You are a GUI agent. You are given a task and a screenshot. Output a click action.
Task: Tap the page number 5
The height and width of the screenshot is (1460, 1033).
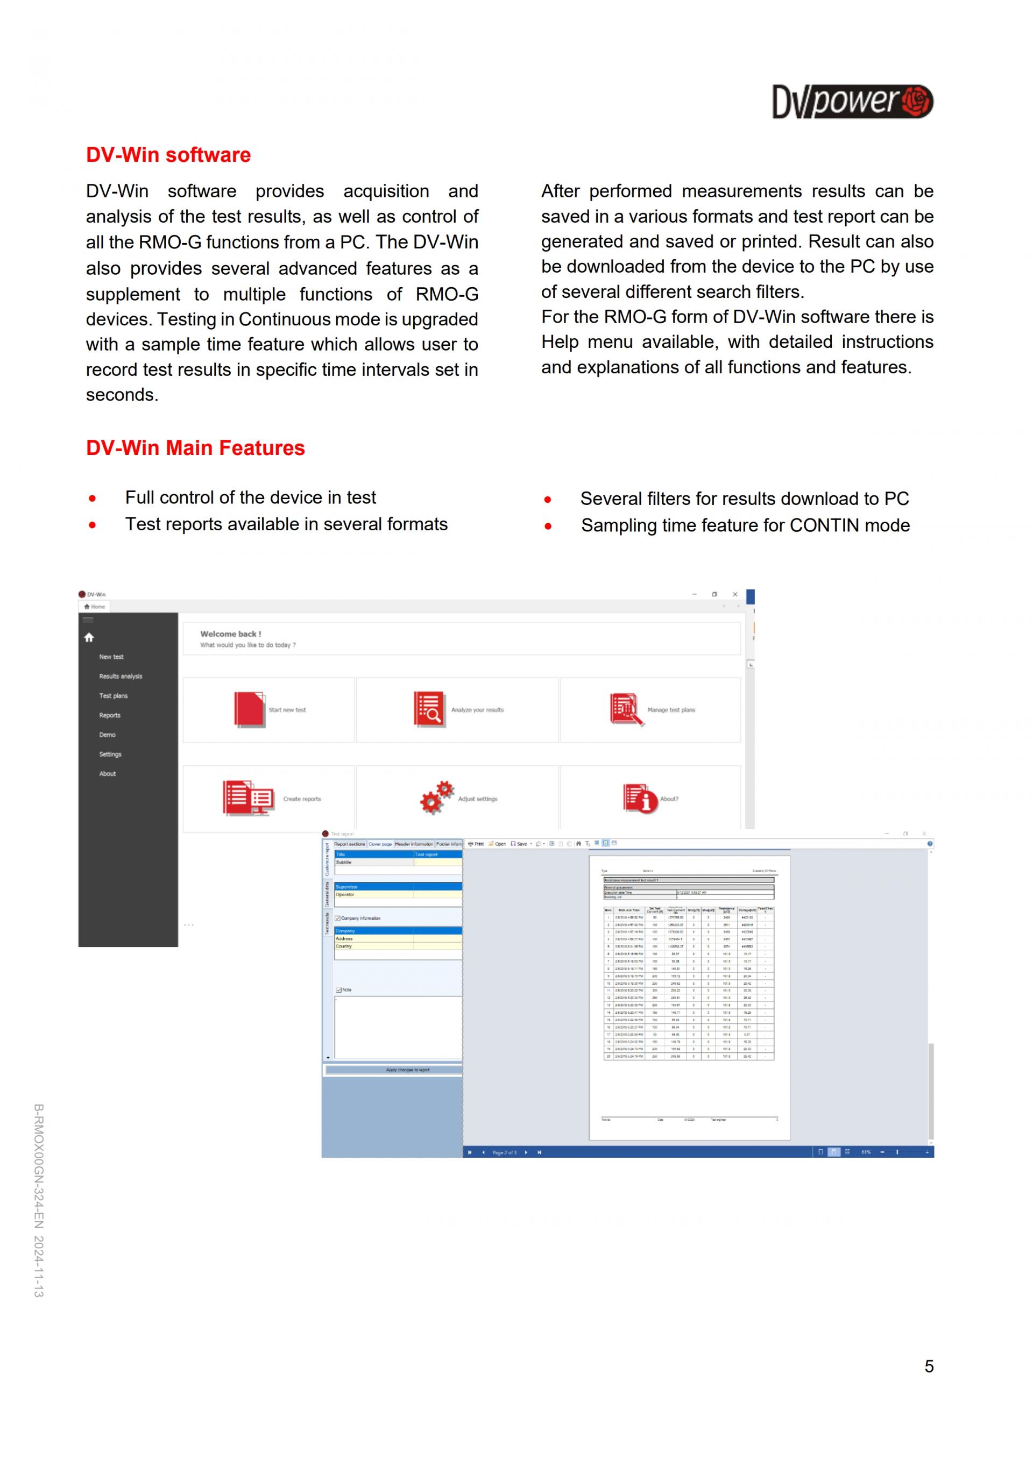[x=929, y=1366]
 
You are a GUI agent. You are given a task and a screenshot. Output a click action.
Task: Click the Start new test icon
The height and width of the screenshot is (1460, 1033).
[x=249, y=709]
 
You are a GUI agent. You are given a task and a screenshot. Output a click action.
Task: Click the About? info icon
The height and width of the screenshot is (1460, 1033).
[x=639, y=798]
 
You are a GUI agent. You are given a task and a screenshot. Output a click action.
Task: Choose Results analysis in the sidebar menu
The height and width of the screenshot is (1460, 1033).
[x=120, y=676]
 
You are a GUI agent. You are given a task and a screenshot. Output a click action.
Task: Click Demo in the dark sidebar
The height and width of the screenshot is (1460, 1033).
[x=107, y=735]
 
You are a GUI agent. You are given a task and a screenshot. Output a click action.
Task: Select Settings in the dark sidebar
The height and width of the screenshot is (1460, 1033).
[x=110, y=754]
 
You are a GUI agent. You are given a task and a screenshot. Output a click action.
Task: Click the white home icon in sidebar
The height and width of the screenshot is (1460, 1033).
[x=89, y=637]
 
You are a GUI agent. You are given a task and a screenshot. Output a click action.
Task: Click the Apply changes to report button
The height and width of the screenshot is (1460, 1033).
[x=407, y=1070]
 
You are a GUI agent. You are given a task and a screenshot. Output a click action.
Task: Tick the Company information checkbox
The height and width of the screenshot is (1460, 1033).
[x=338, y=918]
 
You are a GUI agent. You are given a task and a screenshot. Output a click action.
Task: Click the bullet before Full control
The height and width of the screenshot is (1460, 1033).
[x=93, y=498]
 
